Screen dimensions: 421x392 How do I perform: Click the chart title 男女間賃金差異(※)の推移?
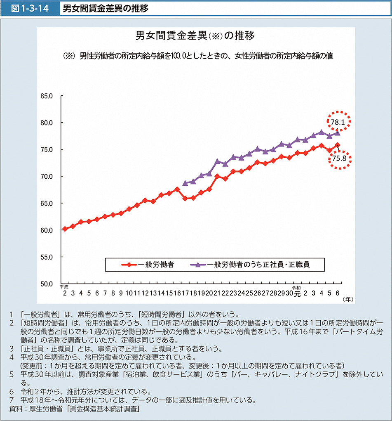(195, 35)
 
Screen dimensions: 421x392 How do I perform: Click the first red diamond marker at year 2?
(65, 229)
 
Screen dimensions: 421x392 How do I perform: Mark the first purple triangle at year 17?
(185, 183)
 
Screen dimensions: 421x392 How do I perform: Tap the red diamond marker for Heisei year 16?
(177, 189)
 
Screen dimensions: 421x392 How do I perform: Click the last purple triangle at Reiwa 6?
(337, 132)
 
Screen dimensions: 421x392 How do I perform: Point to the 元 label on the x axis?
(297, 294)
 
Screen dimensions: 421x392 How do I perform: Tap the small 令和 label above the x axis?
(297, 287)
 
